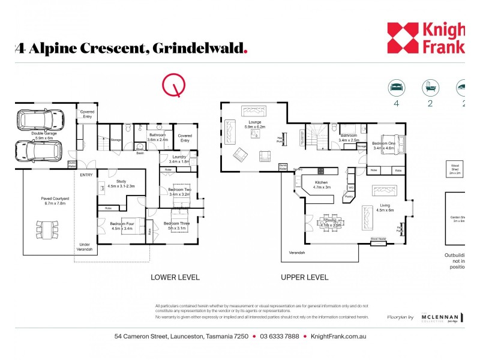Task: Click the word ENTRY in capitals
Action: [x=86, y=175]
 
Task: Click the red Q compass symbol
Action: [x=175, y=86]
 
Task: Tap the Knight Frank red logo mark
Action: [x=401, y=37]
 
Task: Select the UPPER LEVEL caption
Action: [x=305, y=277]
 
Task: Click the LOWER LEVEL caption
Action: [x=175, y=277]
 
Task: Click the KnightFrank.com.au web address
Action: [x=338, y=337]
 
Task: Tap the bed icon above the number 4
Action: [x=397, y=87]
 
